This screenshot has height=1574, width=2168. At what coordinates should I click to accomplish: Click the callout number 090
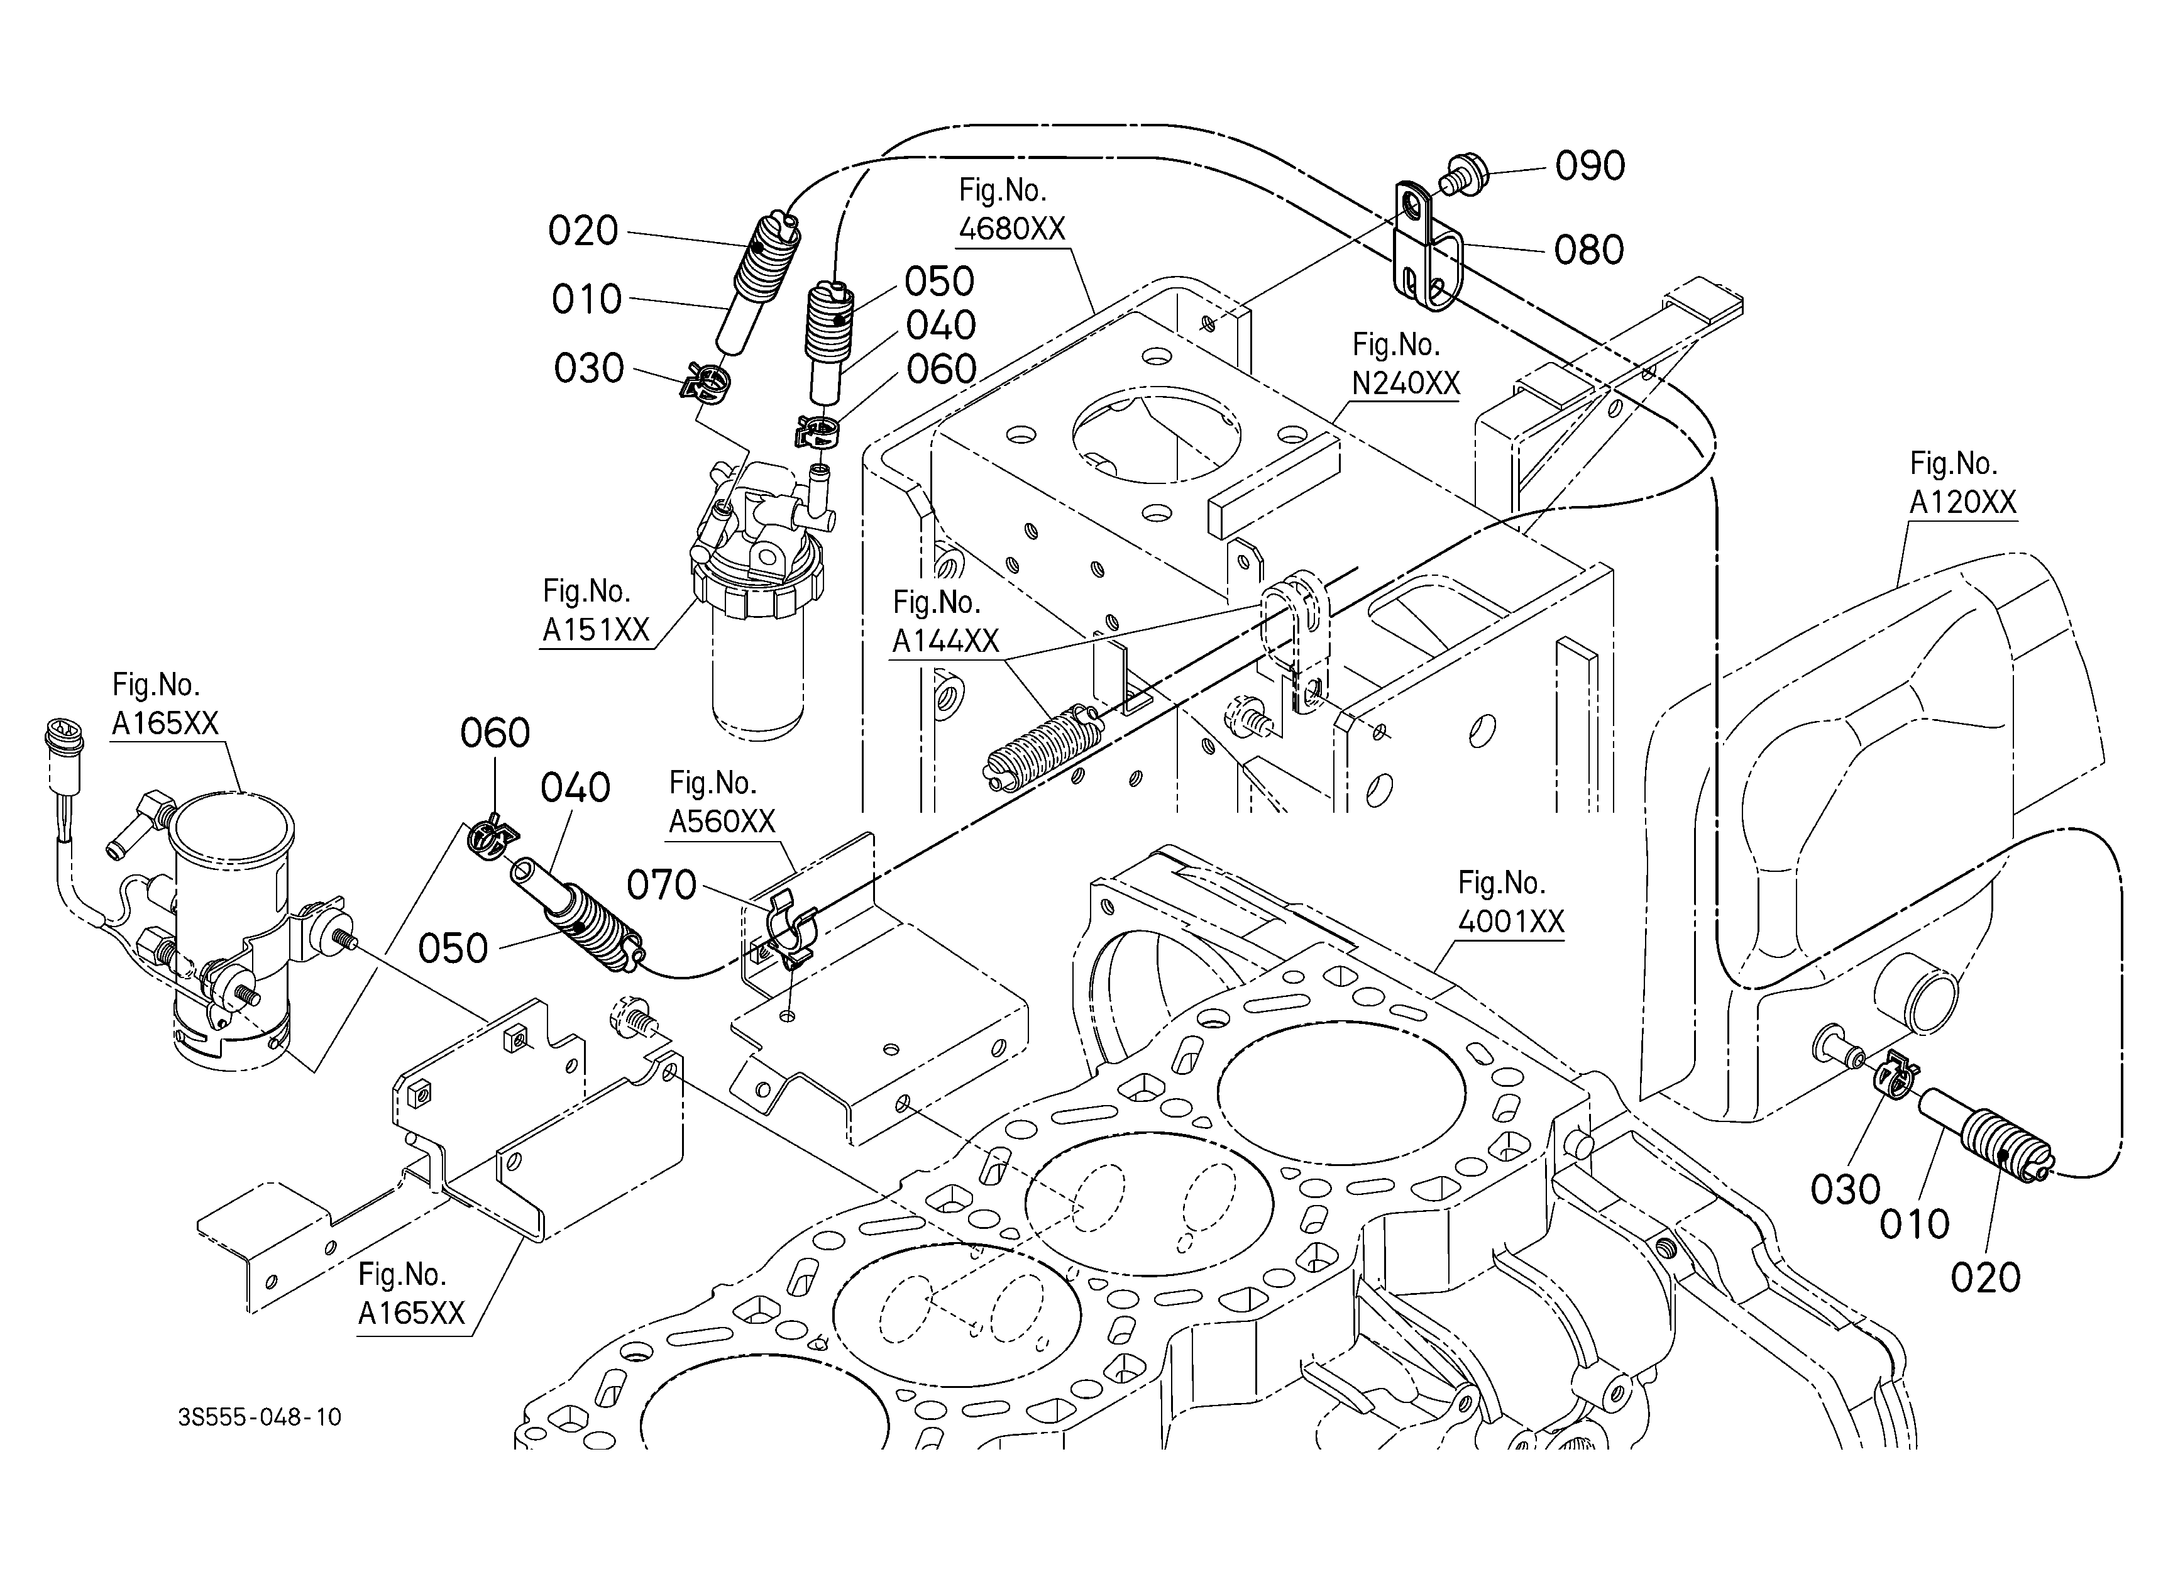click(x=1590, y=167)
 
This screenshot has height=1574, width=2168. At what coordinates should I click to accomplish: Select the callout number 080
click(x=1588, y=250)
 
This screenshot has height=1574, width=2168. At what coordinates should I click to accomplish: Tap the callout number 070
click(x=661, y=886)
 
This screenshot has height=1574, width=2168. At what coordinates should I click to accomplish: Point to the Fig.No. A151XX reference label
click(x=597, y=610)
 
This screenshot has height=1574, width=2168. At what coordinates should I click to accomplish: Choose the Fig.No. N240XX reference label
click(x=1405, y=364)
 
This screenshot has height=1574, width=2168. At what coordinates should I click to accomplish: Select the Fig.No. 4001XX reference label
click(x=1511, y=902)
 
